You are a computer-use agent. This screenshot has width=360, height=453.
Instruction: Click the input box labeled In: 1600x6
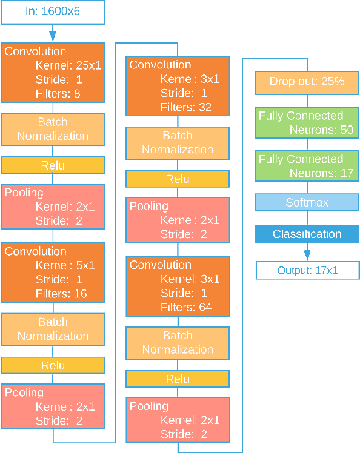[53, 12]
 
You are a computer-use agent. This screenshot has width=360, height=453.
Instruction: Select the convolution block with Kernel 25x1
[53, 73]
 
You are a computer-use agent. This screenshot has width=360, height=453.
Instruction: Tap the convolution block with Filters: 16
[53, 273]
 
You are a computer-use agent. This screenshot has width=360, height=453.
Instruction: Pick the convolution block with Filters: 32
[178, 86]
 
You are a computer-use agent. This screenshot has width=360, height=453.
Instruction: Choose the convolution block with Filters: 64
[178, 286]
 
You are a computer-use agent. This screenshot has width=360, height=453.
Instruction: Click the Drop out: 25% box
[307, 81]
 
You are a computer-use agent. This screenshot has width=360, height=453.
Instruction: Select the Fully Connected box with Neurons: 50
[307, 123]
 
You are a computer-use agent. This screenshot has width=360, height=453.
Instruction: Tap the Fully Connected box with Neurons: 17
[307, 166]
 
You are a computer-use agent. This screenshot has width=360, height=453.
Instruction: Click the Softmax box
[307, 202]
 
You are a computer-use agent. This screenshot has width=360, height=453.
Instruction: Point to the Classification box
[307, 234]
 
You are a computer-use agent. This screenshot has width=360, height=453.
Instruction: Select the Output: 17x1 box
[307, 270]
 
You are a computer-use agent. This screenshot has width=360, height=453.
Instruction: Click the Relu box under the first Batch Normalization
[53, 165]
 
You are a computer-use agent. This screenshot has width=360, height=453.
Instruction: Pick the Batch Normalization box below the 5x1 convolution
[53, 329]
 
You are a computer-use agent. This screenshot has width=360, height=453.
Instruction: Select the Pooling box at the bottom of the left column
[53, 406]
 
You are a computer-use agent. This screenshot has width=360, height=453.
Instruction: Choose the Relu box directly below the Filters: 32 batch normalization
[178, 179]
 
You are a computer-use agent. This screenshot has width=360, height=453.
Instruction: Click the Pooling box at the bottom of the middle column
[178, 420]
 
